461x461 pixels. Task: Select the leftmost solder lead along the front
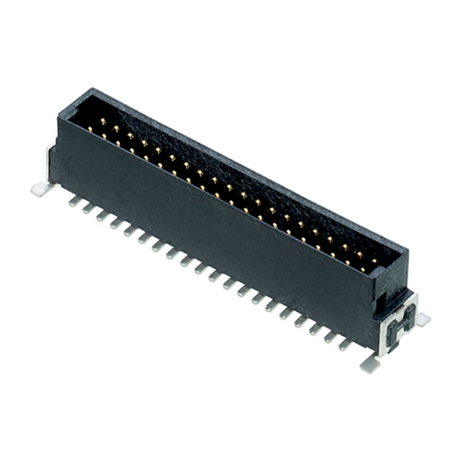tap(73, 202)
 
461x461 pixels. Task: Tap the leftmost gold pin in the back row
tap(102, 120)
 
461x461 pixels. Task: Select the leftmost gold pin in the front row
tap(91, 129)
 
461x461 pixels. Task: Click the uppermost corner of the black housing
tap(91, 89)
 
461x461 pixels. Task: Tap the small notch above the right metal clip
tap(393, 293)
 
